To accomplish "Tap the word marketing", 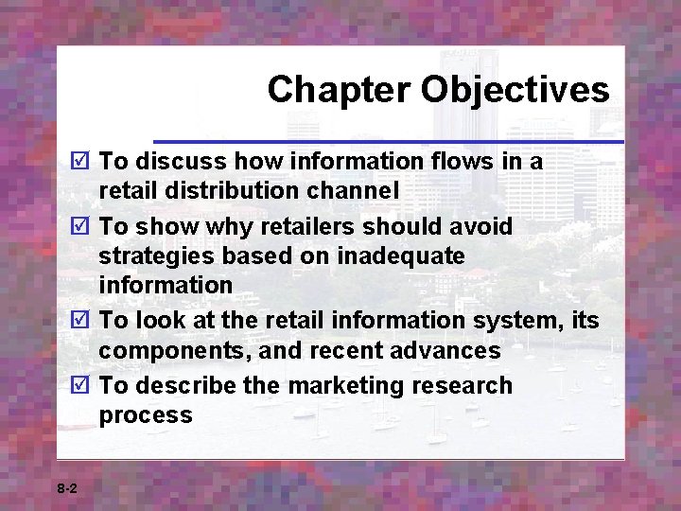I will click(x=344, y=386).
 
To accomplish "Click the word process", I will click(x=146, y=415).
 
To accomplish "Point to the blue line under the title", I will click(x=388, y=142).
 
